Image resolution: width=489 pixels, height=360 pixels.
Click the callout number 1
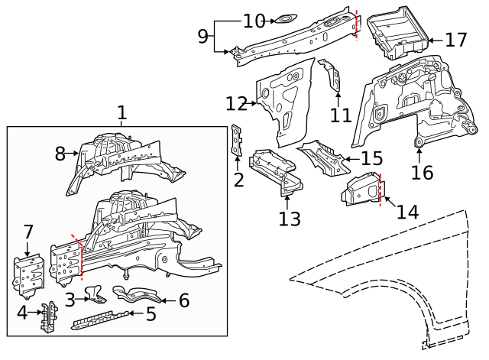click(121, 113)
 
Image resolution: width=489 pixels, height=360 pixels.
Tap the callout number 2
click(238, 180)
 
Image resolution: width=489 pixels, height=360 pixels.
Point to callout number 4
click(22, 313)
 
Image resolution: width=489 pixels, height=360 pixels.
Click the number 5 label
click(151, 313)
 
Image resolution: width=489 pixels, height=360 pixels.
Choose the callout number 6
click(183, 300)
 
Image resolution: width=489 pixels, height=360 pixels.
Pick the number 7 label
click(28, 232)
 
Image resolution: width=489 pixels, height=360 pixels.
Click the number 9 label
click(202, 35)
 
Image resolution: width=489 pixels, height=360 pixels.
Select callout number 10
click(254, 21)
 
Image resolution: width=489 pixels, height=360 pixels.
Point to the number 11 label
click(341, 115)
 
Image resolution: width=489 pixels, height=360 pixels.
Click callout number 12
click(237, 103)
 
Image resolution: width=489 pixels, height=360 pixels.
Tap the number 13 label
click(290, 219)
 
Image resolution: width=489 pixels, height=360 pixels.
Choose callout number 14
click(407, 211)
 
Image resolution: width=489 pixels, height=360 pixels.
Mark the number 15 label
click(371, 159)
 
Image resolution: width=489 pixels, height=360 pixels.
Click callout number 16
click(422, 172)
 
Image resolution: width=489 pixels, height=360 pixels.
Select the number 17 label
click(456, 39)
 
